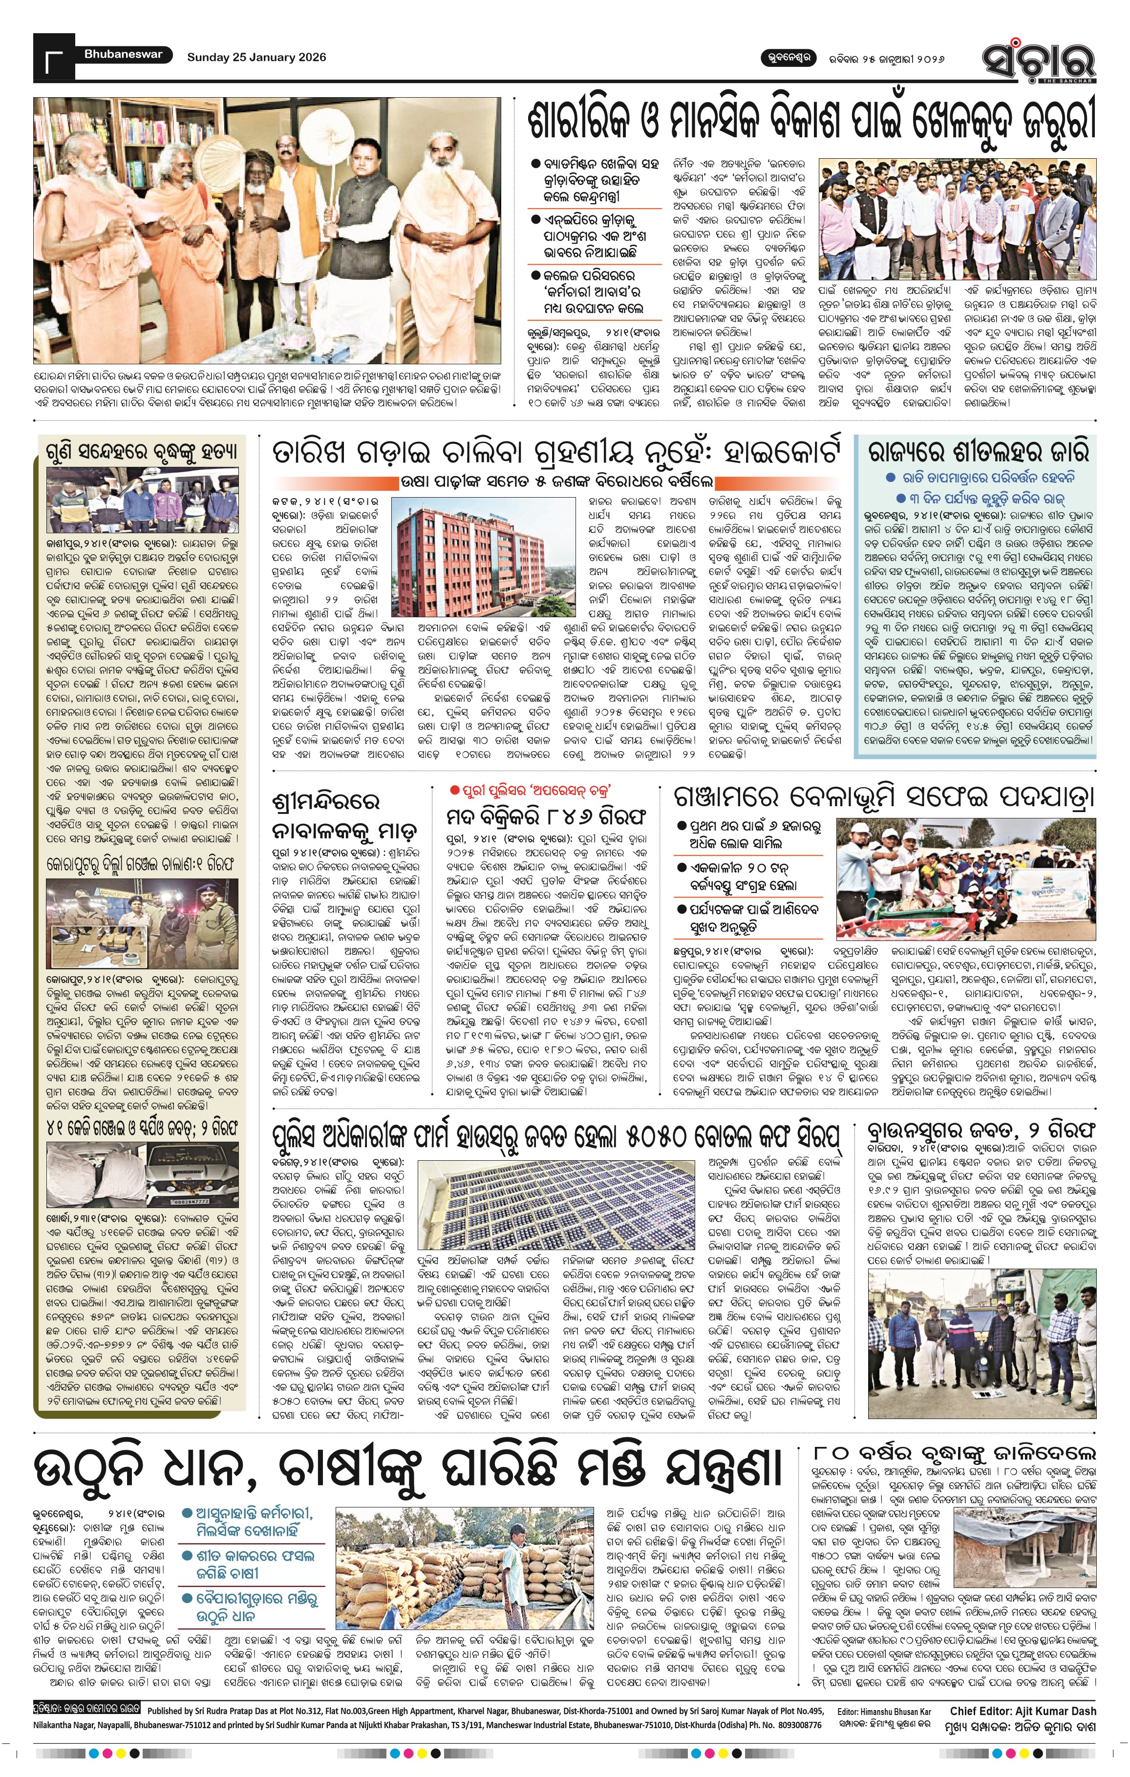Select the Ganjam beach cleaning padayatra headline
coord(883,797)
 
